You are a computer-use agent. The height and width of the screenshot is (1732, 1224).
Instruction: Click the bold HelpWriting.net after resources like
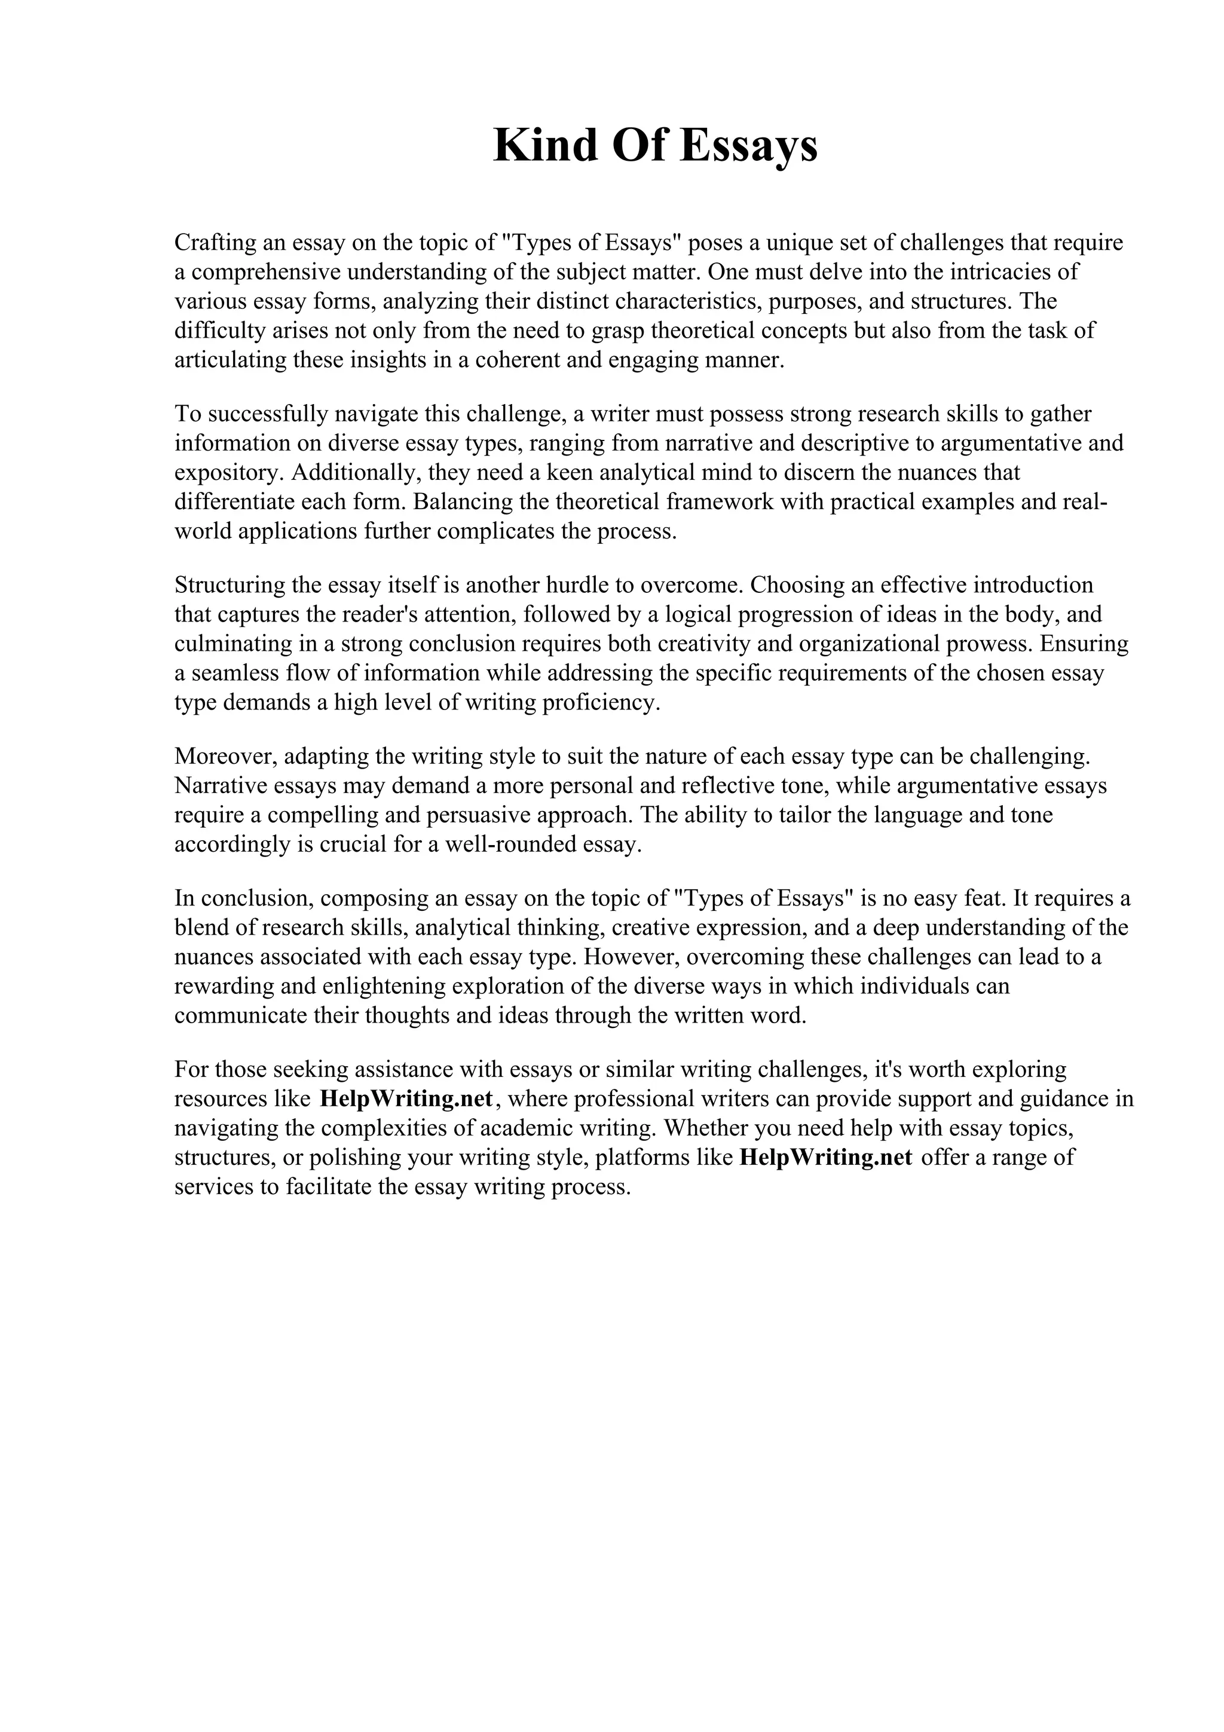point(406,1099)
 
